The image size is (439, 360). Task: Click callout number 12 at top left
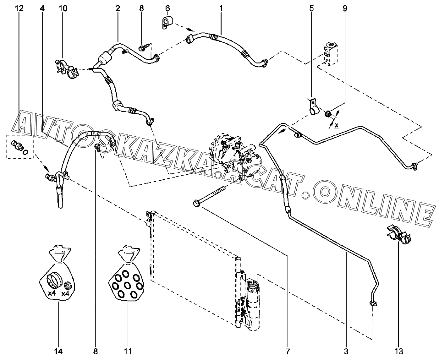click(19, 8)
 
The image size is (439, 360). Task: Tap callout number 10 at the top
click(63, 8)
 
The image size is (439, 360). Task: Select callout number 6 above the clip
click(167, 8)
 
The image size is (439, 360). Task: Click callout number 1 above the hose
click(221, 8)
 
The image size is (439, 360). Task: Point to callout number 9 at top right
click(345, 8)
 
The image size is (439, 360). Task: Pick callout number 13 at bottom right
click(398, 351)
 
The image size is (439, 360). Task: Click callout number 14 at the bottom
click(58, 351)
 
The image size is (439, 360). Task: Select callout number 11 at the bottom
click(128, 351)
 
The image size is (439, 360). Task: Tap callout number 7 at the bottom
click(288, 351)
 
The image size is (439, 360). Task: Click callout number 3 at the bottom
click(346, 351)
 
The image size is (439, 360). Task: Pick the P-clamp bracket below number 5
click(313, 107)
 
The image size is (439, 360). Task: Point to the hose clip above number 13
click(398, 234)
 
